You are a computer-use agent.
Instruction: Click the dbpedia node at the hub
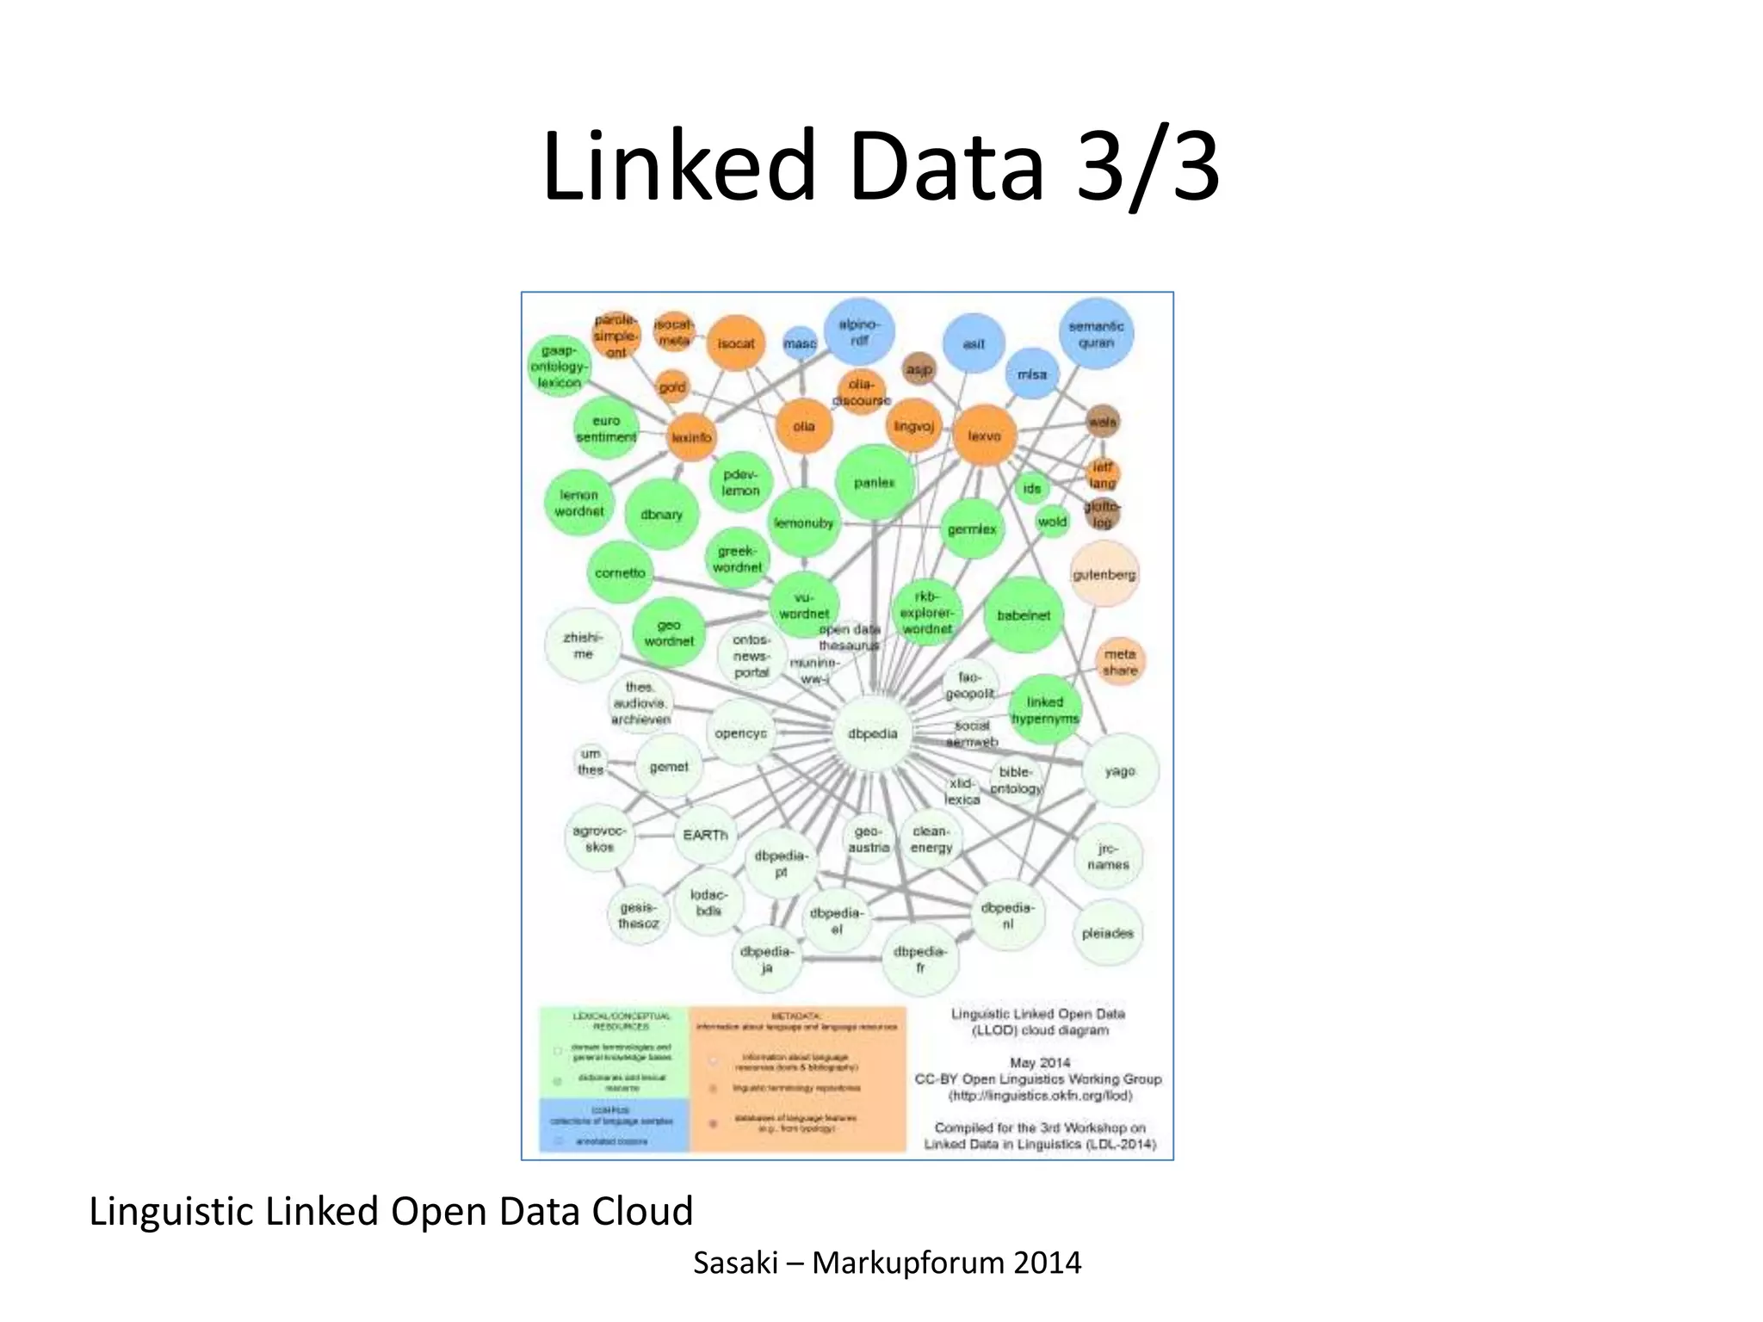[x=873, y=734]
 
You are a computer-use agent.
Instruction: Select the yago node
[x=1120, y=771]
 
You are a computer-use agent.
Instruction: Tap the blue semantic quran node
[x=1096, y=334]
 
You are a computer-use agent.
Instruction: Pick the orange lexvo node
[x=984, y=436]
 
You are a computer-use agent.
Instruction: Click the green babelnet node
[x=1024, y=615]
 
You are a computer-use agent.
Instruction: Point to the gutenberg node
[x=1104, y=574]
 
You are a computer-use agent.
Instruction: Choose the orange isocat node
[x=736, y=343]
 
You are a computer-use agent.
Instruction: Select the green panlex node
[x=874, y=483]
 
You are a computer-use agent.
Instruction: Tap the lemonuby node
[x=803, y=523]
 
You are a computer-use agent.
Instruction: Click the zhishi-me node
[x=583, y=646]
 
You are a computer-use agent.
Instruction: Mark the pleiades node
[x=1107, y=933]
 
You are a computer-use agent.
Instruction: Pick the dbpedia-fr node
[x=919, y=959]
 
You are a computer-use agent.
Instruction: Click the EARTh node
[x=705, y=835]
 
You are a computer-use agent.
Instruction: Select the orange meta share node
[x=1120, y=662]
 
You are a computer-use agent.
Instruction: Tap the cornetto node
[x=620, y=573]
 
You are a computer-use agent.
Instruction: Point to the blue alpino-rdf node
[x=858, y=332]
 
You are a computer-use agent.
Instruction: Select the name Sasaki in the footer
[x=735, y=1263]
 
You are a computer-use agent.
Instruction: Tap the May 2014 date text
[x=1039, y=1063]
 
